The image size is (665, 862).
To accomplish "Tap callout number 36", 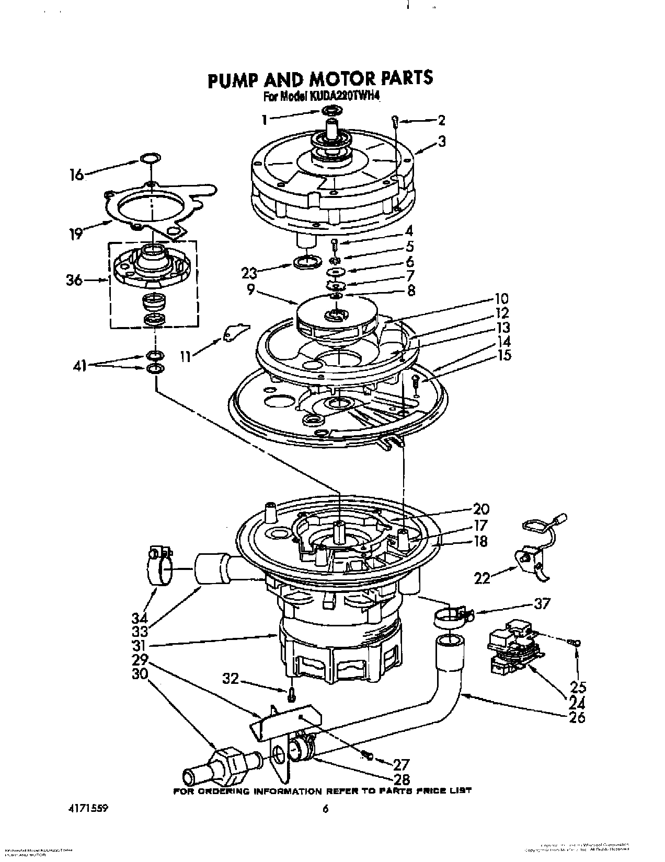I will (x=74, y=281).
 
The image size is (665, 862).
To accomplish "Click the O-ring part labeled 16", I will (x=150, y=158).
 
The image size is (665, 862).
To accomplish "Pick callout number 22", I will (x=482, y=577).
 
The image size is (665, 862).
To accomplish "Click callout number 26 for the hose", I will (x=577, y=717).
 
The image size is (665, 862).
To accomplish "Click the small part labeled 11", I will (x=233, y=333).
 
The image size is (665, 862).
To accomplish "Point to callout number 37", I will (x=542, y=604).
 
